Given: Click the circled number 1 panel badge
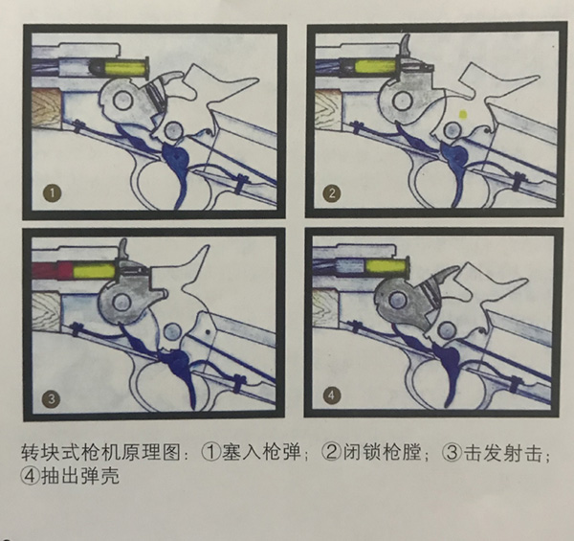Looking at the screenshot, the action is pos(53,192).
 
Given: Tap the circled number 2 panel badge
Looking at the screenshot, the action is pos(332,193).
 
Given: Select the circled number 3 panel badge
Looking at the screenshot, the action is pos(52,398).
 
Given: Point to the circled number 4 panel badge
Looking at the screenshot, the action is pos(331,395).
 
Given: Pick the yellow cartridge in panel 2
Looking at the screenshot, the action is pos(376,66).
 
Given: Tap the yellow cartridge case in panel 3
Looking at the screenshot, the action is pos(94,271).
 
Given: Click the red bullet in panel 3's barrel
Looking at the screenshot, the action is pos(53,270).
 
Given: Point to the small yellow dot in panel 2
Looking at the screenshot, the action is pos(463,114).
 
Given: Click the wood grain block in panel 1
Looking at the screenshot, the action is pos(47,108).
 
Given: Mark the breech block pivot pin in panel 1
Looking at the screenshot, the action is pos(121,100).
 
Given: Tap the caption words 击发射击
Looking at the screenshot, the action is pos(503,453).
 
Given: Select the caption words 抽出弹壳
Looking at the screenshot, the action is pos(80,477).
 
